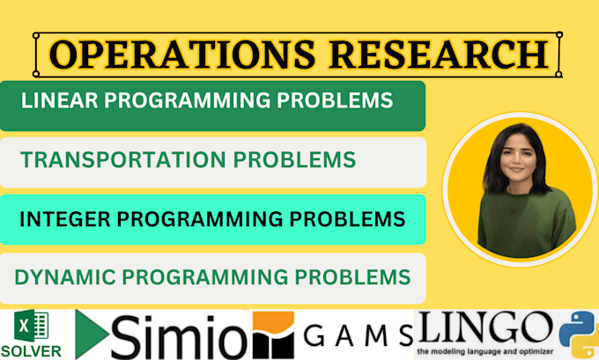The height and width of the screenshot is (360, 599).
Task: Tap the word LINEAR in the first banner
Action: [57, 100]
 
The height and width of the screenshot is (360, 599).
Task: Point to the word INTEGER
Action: [62, 217]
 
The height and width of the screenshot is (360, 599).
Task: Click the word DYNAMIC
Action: [54, 277]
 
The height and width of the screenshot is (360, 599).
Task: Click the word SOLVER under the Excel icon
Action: [32, 351]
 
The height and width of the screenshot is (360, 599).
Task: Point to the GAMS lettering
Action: [358, 335]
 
